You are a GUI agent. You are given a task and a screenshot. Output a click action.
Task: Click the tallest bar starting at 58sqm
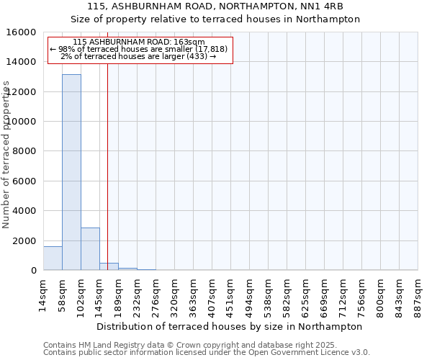click(x=71, y=172)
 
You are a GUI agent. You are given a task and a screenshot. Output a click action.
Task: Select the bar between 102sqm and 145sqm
click(x=90, y=248)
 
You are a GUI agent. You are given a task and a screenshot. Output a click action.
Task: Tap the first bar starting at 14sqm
click(x=53, y=258)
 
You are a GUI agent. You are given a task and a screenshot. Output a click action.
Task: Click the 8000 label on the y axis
click(x=25, y=151)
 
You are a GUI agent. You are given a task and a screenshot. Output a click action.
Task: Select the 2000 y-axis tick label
click(x=25, y=240)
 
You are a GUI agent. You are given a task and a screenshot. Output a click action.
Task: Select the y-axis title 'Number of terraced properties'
click(x=6, y=154)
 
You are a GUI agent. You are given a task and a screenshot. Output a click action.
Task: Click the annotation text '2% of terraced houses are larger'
click(x=138, y=56)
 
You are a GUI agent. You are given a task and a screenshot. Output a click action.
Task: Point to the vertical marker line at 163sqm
click(x=107, y=166)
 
